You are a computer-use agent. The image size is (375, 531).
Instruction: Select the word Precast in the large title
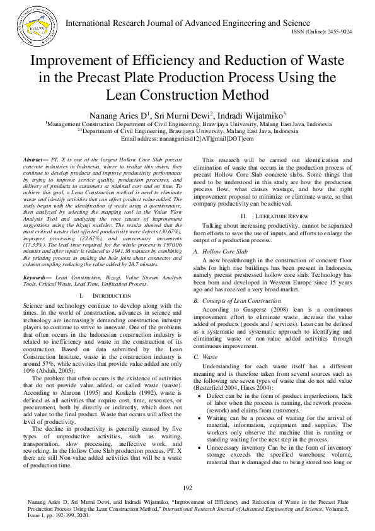coord(132,79)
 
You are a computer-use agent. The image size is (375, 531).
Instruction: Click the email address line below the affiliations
coord(187,138)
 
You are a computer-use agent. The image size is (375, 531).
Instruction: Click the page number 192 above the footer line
coord(187,488)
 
